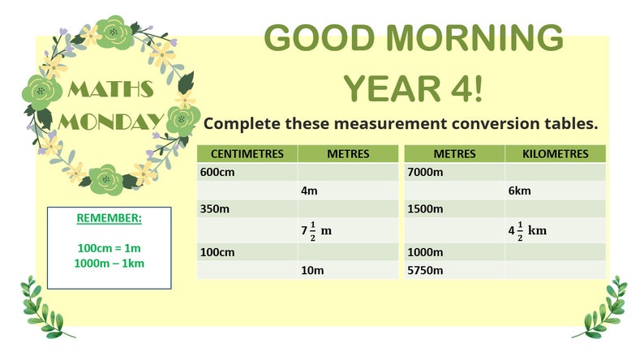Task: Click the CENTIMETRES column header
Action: pyautogui.click(x=247, y=153)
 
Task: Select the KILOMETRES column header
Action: pyautogui.click(x=555, y=153)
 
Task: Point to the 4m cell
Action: pyautogui.click(x=308, y=191)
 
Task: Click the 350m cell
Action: pyautogui.click(x=215, y=209)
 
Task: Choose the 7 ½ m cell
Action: pyautogui.click(x=316, y=230)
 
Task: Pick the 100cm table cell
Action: pyautogui.click(x=217, y=252)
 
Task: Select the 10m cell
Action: pyautogui.click(x=311, y=270)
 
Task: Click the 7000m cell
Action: pyautogui.click(x=425, y=172)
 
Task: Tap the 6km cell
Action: pyautogui.click(x=519, y=191)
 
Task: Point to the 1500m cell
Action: pyautogui.click(x=425, y=209)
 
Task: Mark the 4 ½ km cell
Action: pyautogui.click(x=527, y=230)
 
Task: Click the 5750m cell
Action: pyautogui.click(x=425, y=270)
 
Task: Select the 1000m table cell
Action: pyautogui.click(x=425, y=252)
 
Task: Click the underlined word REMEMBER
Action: pyautogui.click(x=109, y=219)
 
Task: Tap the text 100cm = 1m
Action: pyautogui.click(x=109, y=246)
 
